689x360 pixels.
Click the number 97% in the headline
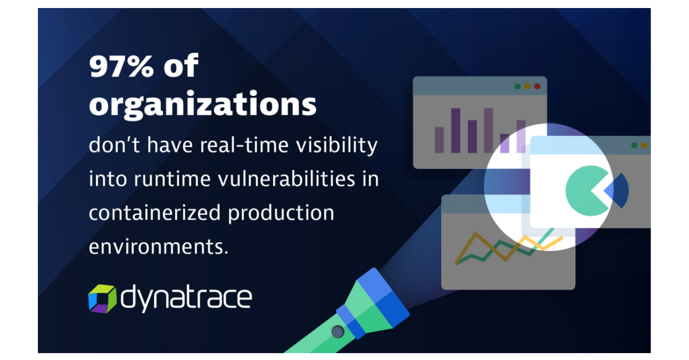pos(121,67)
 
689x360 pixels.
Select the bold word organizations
pos(202,105)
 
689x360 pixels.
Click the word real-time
pos(245,146)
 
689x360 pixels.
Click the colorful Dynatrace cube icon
pos(102,298)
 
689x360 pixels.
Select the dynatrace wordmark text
pos(186,298)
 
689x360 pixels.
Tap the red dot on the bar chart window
pos(537,86)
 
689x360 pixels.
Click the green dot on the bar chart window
pos(517,86)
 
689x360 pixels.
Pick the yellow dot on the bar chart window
pos(527,86)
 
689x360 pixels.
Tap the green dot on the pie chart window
pos(634,145)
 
